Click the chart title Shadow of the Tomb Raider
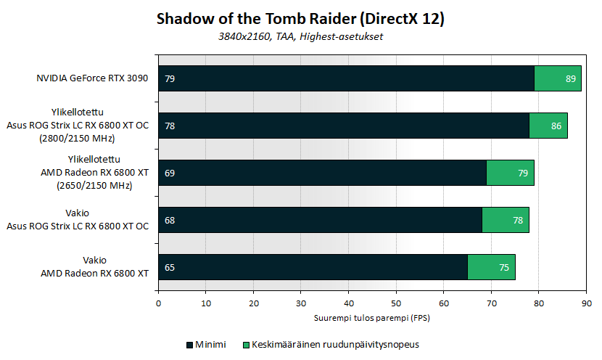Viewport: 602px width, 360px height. tap(300, 20)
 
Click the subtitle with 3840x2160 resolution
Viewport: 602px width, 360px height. tap(300, 37)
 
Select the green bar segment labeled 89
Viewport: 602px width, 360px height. tap(558, 78)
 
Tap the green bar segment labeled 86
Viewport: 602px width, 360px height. tap(548, 126)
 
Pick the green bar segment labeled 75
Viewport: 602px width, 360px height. tap(491, 267)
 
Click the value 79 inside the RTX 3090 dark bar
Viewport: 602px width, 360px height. tap(170, 78)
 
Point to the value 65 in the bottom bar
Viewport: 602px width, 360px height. tap(170, 267)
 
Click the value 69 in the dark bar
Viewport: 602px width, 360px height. tap(170, 173)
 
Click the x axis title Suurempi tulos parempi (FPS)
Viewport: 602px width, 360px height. tap(372, 318)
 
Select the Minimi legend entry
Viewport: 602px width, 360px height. tap(207, 344)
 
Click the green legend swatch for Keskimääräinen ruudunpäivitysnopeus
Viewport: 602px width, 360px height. tap(245, 344)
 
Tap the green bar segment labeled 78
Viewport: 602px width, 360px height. tap(506, 220)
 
